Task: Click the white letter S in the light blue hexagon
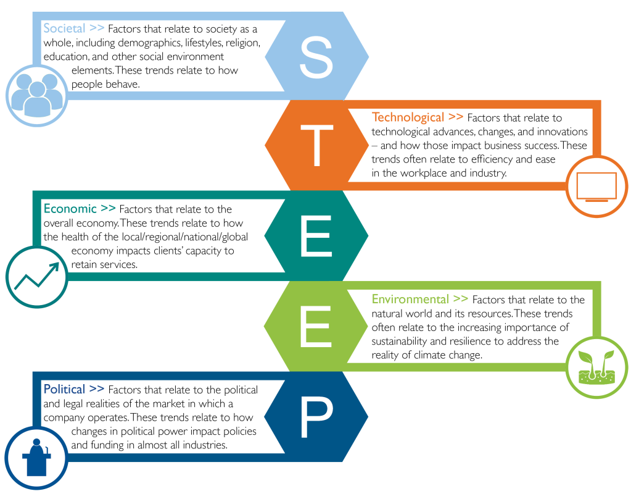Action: [x=316, y=57]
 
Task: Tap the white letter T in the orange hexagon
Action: [x=317, y=145]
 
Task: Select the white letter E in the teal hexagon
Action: [x=316, y=236]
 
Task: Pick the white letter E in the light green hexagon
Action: [x=316, y=326]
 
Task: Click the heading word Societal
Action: [x=64, y=28]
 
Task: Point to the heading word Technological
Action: [x=408, y=117]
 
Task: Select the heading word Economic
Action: [x=70, y=208]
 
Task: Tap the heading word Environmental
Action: [x=410, y=299]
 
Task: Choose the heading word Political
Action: [x=64, y=389]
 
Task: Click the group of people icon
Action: [x=37, y=95]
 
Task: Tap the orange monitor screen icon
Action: [x=596, y=187]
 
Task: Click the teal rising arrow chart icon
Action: [x=36, y=275]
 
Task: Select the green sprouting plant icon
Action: [x=596, y=367]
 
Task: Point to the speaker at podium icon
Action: [x=36, y=458]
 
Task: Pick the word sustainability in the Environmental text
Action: [x=399, y=342]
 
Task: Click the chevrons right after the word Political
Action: [x=97, y=388]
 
